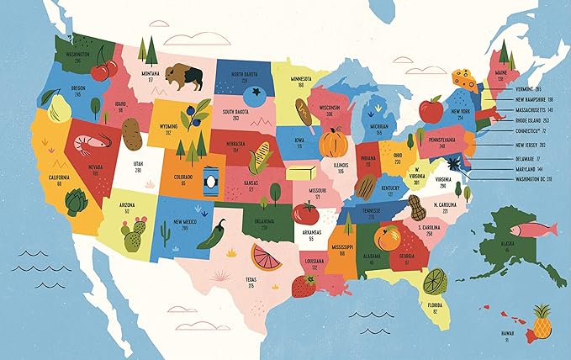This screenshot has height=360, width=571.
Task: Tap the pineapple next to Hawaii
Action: pos(542,321)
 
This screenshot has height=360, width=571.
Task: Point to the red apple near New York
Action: pos(431,109)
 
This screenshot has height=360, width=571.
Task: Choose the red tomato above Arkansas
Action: pos(304,211)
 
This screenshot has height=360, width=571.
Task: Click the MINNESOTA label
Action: pos(301,79)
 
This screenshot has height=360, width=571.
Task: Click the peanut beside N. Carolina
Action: pos(418,207)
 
